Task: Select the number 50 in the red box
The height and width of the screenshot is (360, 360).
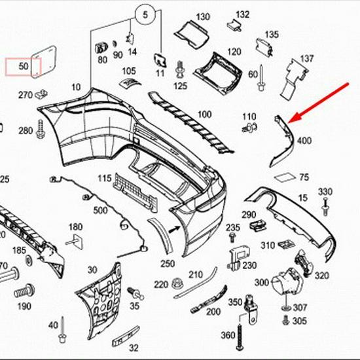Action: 24,67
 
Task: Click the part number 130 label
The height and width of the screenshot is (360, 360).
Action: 203,16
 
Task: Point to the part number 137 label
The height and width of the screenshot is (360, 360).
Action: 307,60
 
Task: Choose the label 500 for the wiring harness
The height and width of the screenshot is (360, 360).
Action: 100,210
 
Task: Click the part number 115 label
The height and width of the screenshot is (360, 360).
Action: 105,179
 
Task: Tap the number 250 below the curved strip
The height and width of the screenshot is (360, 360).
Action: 168,263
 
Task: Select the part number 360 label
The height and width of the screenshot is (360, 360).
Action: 228,335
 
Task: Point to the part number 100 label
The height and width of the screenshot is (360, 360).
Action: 204,115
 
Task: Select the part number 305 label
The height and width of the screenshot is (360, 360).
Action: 299,321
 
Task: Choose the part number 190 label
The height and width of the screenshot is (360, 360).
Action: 24,306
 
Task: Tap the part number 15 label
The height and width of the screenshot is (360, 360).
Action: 302,197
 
